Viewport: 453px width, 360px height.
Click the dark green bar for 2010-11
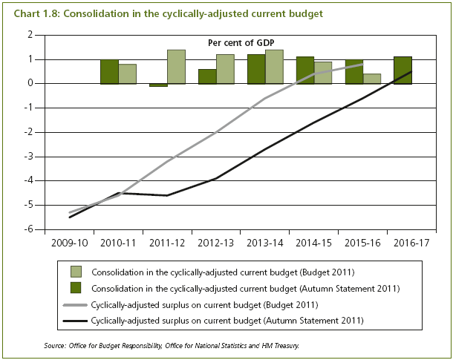(109, 71)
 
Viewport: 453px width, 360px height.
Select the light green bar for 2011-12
(176, 67)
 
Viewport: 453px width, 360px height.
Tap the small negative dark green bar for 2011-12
(158, 85)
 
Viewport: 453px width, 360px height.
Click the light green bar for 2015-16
(372, 79)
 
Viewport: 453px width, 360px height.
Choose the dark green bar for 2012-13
(207, 76)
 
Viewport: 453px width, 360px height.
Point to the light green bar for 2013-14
(274, 67)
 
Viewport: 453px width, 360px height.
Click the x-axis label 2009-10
(69, 243)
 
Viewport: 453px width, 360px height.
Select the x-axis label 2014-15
(313, 243)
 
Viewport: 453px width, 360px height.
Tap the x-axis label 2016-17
(411, 243)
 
